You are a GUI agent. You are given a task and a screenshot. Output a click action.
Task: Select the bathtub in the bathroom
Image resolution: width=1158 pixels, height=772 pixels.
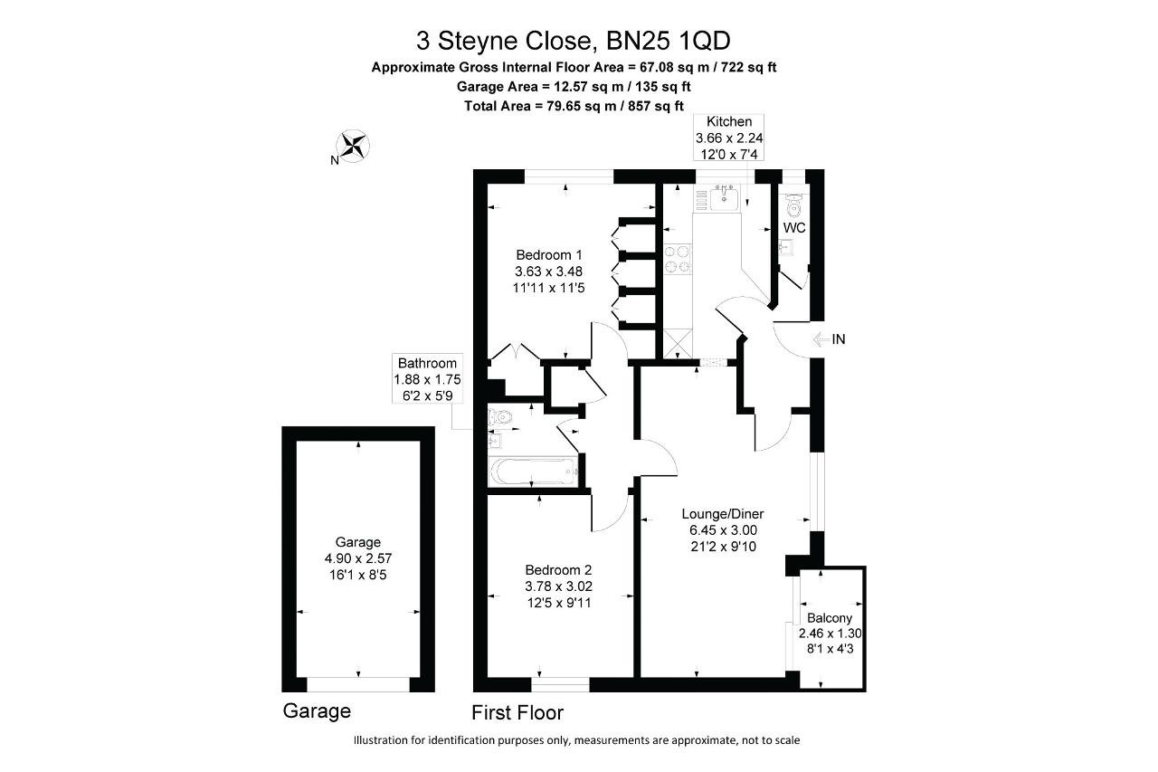coord(531,471)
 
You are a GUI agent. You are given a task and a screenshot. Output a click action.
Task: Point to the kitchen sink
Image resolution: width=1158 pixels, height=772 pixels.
coord(725,197)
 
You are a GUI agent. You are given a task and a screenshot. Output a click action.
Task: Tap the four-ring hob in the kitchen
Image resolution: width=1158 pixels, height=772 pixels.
coord(678,261)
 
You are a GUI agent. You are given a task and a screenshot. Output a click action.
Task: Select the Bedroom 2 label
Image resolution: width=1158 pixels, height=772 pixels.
coord(558,570)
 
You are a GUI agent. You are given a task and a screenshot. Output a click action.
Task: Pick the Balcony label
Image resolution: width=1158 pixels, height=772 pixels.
coord(823,618)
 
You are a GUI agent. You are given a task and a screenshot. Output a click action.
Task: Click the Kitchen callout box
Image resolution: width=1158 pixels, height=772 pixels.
coord(729,138)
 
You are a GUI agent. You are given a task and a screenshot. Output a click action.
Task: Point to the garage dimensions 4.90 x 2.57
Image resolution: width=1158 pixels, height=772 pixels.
coord(358,559)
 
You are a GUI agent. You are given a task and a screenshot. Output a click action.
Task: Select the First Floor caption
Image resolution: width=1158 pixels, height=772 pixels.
coord(517,711)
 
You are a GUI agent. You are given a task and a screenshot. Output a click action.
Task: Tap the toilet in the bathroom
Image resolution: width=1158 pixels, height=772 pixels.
coord(500,417)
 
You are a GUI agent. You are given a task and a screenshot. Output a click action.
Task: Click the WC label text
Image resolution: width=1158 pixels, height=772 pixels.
coord(794,227)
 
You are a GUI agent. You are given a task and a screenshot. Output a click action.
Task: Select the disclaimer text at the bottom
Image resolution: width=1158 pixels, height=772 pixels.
coord(577,740)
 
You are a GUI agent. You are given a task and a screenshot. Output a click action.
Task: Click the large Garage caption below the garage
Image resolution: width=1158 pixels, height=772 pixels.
coord(317,711)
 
